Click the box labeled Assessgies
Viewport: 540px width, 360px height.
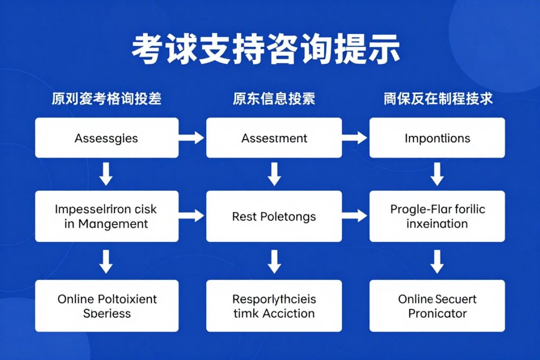pos(107,138)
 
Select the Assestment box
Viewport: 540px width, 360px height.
pos(274,138)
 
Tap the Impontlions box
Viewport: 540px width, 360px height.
pos(437,138)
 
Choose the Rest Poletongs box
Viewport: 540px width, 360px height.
pos(274,216)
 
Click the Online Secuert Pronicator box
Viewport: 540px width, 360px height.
pos(437,306)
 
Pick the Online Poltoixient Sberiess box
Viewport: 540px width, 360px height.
pos(107,306)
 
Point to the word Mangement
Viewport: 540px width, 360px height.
pos(113,223)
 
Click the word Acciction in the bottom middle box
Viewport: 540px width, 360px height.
pos(288,313)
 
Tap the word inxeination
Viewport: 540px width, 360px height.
pos(437,223)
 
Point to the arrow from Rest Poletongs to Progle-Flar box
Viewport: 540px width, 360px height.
pos(355,215)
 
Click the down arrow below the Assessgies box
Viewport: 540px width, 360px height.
pos(107,174)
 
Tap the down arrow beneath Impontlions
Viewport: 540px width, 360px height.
pos(437,174)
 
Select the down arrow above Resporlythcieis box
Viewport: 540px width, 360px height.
pos(274,261)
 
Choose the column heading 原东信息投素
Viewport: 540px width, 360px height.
pos(274,99)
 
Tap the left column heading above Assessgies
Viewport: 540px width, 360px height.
pos(107,99)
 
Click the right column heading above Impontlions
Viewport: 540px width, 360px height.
pos(438,99)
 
